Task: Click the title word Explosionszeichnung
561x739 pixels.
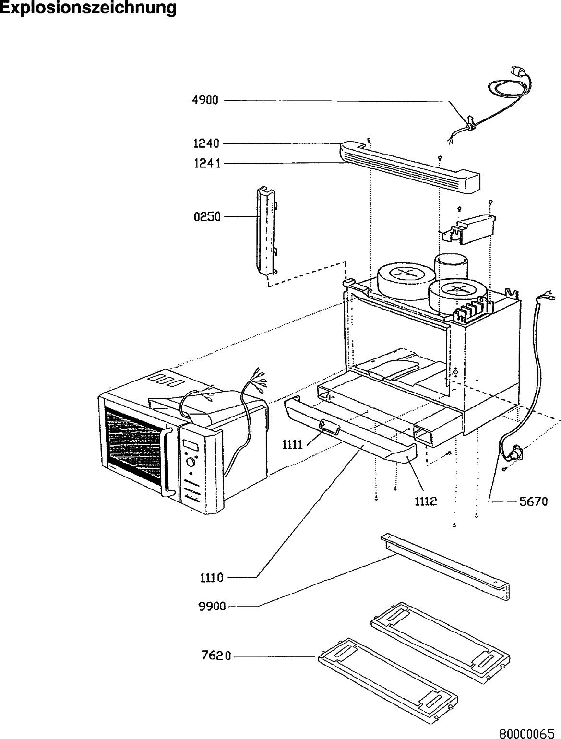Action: click(x=88, y=8)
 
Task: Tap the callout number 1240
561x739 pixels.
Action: click(x=207, y=143)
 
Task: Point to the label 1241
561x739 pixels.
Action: click(x=207, y=164)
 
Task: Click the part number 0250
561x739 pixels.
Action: click(x=207, y=217)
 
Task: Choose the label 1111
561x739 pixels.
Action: click(x=291, y=445)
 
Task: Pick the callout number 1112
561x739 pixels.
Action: click(x=426, y=501)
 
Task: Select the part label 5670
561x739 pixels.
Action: click(x=533, y=501)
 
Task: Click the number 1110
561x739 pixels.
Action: click(x=212, y=578)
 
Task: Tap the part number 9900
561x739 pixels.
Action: click(x=212, y=607)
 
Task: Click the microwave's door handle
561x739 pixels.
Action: click(x=166, y=461)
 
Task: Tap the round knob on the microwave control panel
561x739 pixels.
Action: click(x=192, y=462)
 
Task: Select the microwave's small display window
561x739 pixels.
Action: click(x=191, y=445)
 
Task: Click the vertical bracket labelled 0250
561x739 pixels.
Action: click(x=263, y=230)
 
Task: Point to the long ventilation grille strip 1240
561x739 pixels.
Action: click(x=408, y=166)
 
